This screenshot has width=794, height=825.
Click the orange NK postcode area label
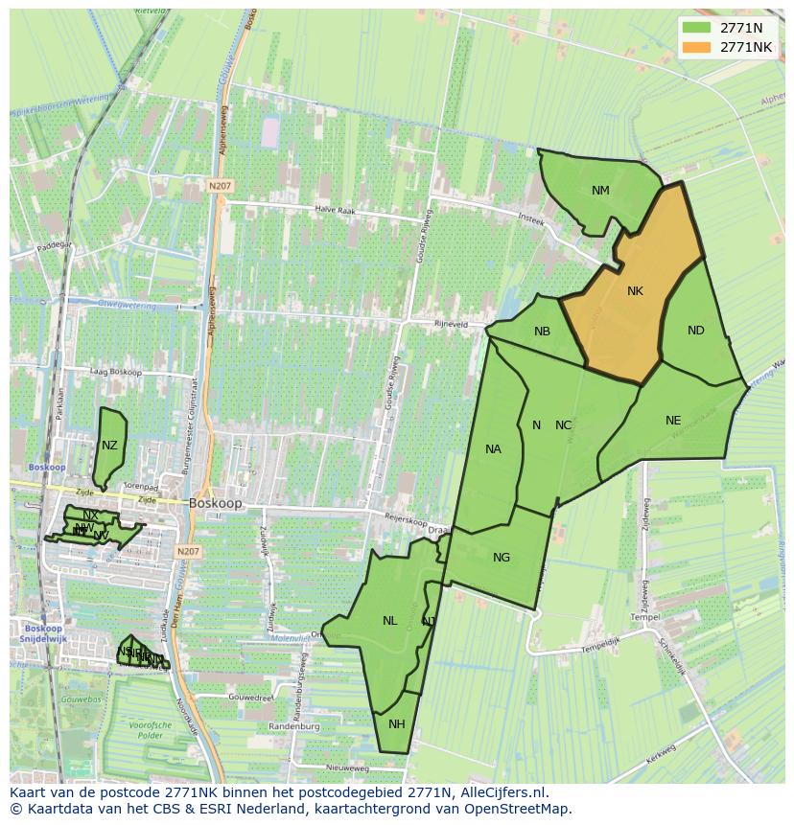tap(635, 291)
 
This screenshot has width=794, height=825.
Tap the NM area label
tap(600, 191)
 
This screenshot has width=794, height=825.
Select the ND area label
tap(696, 331)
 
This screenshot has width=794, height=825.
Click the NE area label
tap(673, 421)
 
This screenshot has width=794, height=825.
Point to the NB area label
tap(542, 332)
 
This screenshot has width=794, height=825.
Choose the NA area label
tap(493, 449)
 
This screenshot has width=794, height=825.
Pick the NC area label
tap(563, 425)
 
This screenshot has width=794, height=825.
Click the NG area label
tap(501, 558)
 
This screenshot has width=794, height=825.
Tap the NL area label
tap(389, 621)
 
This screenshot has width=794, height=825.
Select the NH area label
tap(397, 723)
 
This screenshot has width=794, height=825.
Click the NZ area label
tap(109, 446)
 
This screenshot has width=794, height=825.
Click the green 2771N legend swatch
tap(696, 27)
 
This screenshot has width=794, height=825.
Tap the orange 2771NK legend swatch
tap(696, 47)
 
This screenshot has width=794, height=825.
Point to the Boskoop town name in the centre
tap(216, 502)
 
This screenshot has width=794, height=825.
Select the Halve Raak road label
tap(336, 209)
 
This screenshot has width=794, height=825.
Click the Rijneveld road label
tap(451, 324)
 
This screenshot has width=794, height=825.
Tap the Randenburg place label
tap(293, 727)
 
